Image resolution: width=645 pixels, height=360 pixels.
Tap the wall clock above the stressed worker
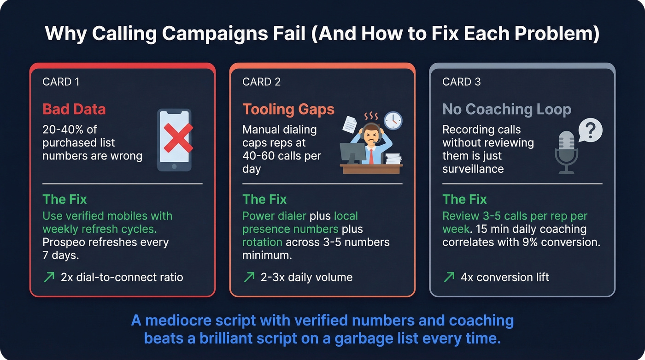393,120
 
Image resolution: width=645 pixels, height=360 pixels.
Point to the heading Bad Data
74,109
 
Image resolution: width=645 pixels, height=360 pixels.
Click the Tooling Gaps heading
288,109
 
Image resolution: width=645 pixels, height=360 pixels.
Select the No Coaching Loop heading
506,109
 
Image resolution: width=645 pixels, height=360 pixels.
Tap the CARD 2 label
261,82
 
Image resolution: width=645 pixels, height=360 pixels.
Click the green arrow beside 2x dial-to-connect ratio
48,277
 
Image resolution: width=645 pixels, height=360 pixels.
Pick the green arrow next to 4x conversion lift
448,277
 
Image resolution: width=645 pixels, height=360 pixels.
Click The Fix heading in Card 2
264,199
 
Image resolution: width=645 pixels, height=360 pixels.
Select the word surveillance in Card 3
473,169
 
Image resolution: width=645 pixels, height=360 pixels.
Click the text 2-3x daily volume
306,277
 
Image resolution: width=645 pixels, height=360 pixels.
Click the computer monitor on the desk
352,152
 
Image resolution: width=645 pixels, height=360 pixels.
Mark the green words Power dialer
274,216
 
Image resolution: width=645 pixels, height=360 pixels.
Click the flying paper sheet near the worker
350,123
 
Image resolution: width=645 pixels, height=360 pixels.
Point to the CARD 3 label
461,82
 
